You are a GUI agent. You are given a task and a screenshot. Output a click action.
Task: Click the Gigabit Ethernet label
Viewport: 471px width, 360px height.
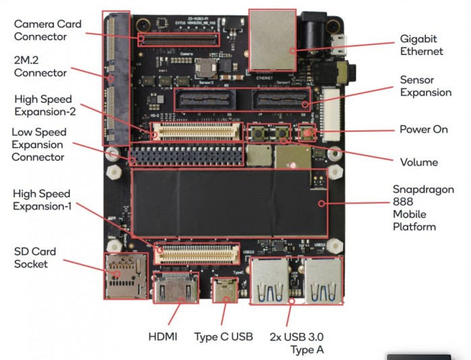click(x=421, y=46)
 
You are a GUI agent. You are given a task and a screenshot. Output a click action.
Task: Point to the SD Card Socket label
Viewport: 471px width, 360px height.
click(x=35, y=258)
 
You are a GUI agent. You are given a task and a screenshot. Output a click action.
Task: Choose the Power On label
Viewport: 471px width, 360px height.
click(x=423, y=129)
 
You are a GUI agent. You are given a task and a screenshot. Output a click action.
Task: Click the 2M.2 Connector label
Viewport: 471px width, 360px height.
click(x=40, y=66)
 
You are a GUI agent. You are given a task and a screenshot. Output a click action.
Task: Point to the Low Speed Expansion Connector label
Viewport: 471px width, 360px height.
click(x=38, y=145)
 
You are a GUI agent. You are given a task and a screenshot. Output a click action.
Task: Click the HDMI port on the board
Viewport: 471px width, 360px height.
click(x=174, y=289)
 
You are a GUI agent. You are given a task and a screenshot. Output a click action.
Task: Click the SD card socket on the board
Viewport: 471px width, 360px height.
click(x=124, y=276)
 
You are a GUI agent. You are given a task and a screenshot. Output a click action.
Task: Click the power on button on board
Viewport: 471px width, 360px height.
click(x=307, y=133)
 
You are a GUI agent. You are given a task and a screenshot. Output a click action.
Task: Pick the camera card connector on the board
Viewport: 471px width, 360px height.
click(x=178, y=39)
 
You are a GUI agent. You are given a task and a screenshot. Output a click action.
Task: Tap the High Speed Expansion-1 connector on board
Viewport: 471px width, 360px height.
click(x=198, y=252)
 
